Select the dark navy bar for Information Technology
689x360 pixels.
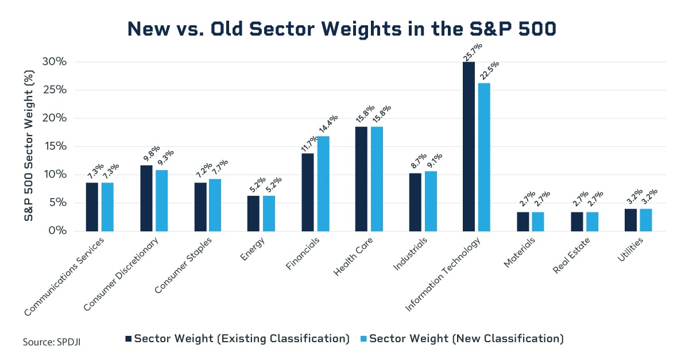(469, 146)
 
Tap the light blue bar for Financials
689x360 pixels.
(323, 184)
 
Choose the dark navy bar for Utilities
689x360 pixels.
(630, 220)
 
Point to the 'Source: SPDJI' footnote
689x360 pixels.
(56, 342)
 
